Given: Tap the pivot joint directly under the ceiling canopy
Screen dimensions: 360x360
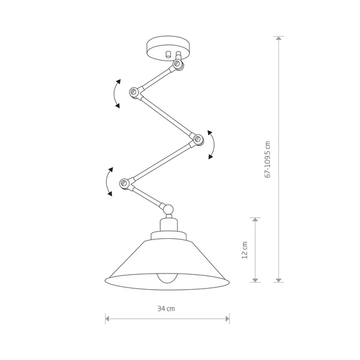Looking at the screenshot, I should [x=178, y=64].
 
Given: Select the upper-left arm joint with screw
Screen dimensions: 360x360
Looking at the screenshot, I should [x=134, y=92].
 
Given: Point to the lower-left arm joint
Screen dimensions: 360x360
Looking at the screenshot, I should [x=125, y=182].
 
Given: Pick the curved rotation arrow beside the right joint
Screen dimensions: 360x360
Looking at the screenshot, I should [x=212, y=144].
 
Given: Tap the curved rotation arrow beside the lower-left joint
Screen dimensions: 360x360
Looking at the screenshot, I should [x=107, y=182].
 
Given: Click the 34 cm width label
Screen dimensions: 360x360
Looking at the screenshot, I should [x=166, y=309].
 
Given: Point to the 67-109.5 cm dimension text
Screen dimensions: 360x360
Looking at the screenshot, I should [x=268, y=160].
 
